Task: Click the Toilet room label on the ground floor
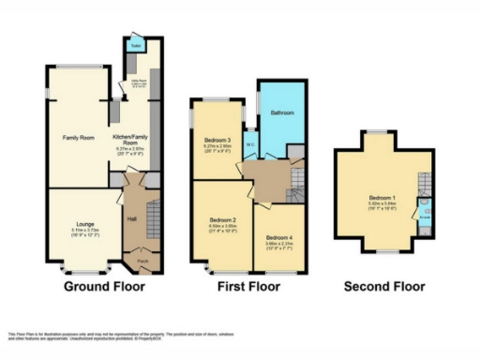point(135,45)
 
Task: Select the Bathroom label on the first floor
point(283,112)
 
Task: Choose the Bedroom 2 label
point(220,221)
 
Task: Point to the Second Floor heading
point(384,286)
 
